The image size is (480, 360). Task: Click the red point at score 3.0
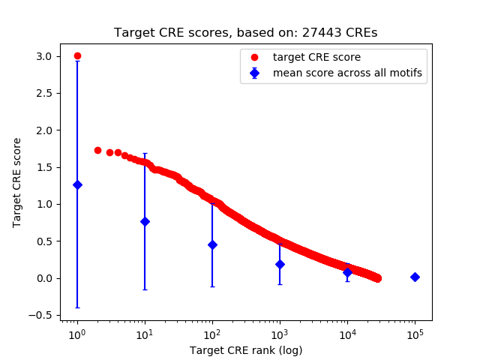point(77,56)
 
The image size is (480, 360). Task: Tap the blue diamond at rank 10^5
point(415,277)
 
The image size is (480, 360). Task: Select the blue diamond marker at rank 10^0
point(77,184)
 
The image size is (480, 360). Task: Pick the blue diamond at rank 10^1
point(145,221)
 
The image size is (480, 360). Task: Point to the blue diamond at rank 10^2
point(212,244)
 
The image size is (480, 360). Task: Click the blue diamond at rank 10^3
point(280,264)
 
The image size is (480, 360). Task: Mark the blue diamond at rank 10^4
point(347,272)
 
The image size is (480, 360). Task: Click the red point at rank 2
point(97,150)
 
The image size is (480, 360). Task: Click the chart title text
point(245,33)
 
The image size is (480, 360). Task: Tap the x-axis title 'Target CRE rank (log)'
point(245,349)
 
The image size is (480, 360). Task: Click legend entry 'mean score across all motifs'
point(346,73)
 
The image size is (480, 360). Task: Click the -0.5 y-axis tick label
point(41,315)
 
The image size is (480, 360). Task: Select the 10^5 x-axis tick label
point(415,333)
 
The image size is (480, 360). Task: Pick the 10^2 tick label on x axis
point(212,333)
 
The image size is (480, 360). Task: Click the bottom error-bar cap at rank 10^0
point(77,307)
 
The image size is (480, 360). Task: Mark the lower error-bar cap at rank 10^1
point(145,289)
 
